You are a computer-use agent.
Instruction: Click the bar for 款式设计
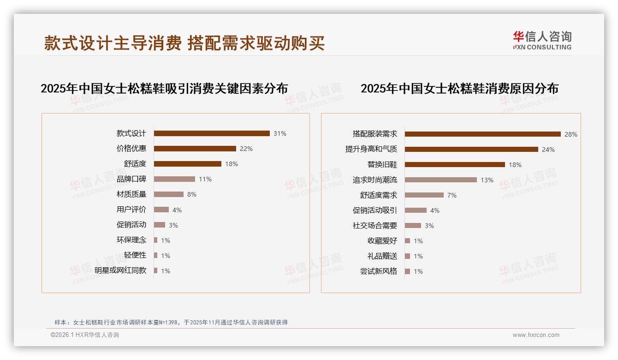tap(212, 133)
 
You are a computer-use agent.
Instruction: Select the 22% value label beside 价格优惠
tap(246, 149)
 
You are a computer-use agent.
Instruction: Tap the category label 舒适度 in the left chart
tap(135, 164)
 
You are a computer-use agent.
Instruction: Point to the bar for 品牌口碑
tap(174, 179)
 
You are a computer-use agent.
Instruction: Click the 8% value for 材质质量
tap(191, 194)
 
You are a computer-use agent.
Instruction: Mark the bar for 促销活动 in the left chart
tap(160, 225)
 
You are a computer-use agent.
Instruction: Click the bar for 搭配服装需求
tap(482, 134)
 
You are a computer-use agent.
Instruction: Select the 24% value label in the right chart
tap(548, 150)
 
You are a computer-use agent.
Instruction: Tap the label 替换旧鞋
tap(382, 165)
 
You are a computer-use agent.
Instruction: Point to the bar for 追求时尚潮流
tap(440, 180)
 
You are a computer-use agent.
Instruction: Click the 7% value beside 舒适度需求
tap(452, 195)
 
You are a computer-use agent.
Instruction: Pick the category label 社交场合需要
tap(374, 226)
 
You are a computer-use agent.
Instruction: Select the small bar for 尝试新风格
tap(407, 271)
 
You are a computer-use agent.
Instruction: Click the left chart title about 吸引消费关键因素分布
tap(164, 88)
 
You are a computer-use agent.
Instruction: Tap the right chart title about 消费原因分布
tap(459, 88)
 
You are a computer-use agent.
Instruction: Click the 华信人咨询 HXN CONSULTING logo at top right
tap(542, 41)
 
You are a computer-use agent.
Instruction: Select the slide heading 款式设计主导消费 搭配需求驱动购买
tap(184, 43)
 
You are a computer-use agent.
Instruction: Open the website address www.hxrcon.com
tap(536, 335)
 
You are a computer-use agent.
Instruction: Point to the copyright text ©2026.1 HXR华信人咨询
tap(85, 335)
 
